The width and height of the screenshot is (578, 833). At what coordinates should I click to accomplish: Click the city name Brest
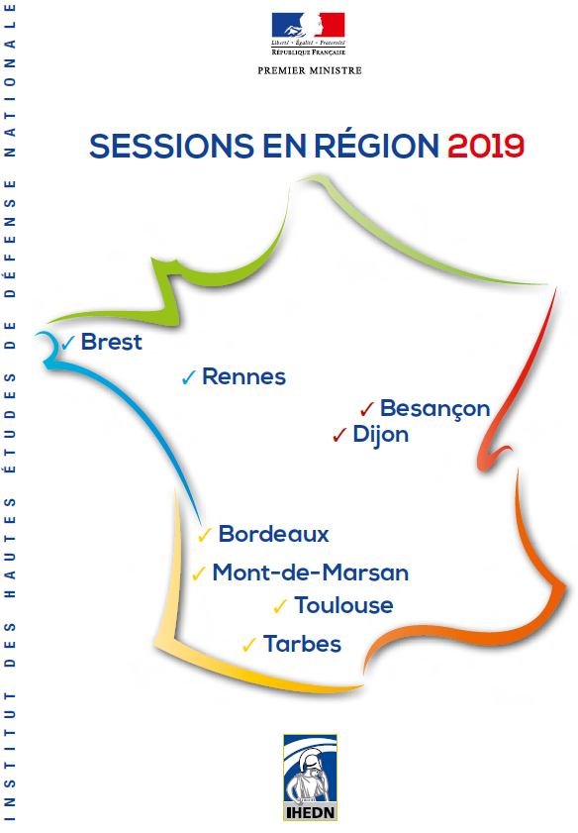coord(112,342)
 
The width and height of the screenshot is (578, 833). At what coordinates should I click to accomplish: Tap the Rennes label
coord(244,376)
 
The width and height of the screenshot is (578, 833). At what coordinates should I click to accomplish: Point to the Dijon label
coord(381,435)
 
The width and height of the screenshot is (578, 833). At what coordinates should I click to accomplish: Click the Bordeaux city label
coord(274,534)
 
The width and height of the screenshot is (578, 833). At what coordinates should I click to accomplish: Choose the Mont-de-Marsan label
coord(311,573)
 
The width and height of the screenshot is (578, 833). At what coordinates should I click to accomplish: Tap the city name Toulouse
coord(344,605)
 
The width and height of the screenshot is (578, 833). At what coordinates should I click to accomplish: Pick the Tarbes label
coord(302,644)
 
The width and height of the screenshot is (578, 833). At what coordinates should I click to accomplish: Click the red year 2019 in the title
coord(486,146)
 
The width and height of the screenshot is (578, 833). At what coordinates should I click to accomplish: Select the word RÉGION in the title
coord(377,145)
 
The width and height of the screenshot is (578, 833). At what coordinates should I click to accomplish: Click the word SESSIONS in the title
coord(172,146)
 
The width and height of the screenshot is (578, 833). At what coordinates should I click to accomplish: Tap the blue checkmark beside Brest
coord(68,343)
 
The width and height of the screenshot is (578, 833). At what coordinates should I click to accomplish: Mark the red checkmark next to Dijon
coord(339,435)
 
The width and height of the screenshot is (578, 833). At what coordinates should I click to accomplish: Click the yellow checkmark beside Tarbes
coord(249,645)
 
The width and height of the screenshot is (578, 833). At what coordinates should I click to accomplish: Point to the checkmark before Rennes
coord(189,377)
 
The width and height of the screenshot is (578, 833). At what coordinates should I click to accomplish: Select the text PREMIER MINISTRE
coord(310,70)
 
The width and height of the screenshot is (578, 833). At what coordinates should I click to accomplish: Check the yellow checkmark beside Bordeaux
coord(205,535)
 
